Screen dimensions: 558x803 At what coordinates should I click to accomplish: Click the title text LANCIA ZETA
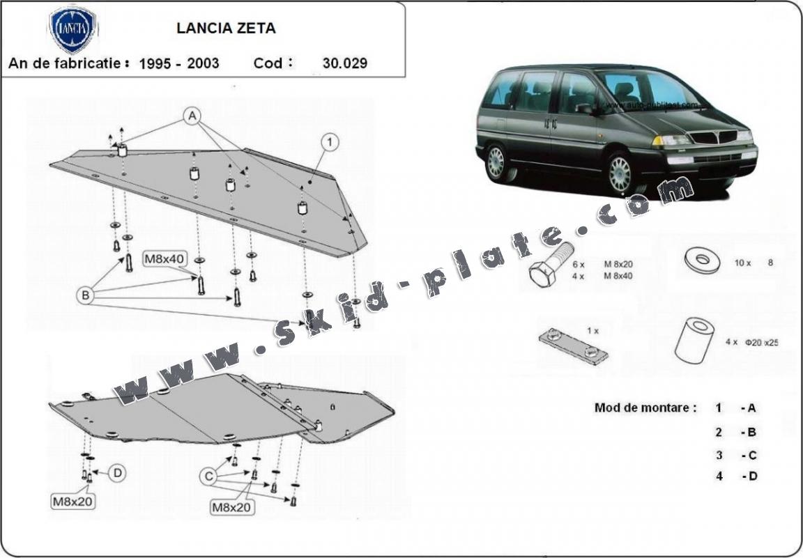coord(226,29)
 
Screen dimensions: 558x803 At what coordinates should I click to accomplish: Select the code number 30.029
coord(344,63)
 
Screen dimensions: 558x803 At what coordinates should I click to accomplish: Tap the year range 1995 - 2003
coord(179,63)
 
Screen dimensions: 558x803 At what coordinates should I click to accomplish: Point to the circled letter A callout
coord(192,116)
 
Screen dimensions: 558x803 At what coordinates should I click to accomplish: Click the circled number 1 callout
coord(330,142)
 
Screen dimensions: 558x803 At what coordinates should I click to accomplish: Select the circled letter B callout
coord(86,295)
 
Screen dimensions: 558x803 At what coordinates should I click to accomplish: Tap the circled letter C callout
coord(208,476)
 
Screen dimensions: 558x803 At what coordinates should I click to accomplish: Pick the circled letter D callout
coord(118,473)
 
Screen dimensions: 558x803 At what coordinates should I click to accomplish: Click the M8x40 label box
coord(165,259)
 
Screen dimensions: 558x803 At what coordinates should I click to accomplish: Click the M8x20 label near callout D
coord(72,500)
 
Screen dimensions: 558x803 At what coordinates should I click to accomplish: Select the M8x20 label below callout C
coord(232,506)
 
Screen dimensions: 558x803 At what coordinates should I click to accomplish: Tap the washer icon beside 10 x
coord(701,261)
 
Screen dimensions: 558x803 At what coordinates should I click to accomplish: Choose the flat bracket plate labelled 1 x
coord(573,346)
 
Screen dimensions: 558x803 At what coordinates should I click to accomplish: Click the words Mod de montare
coord(645,408)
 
